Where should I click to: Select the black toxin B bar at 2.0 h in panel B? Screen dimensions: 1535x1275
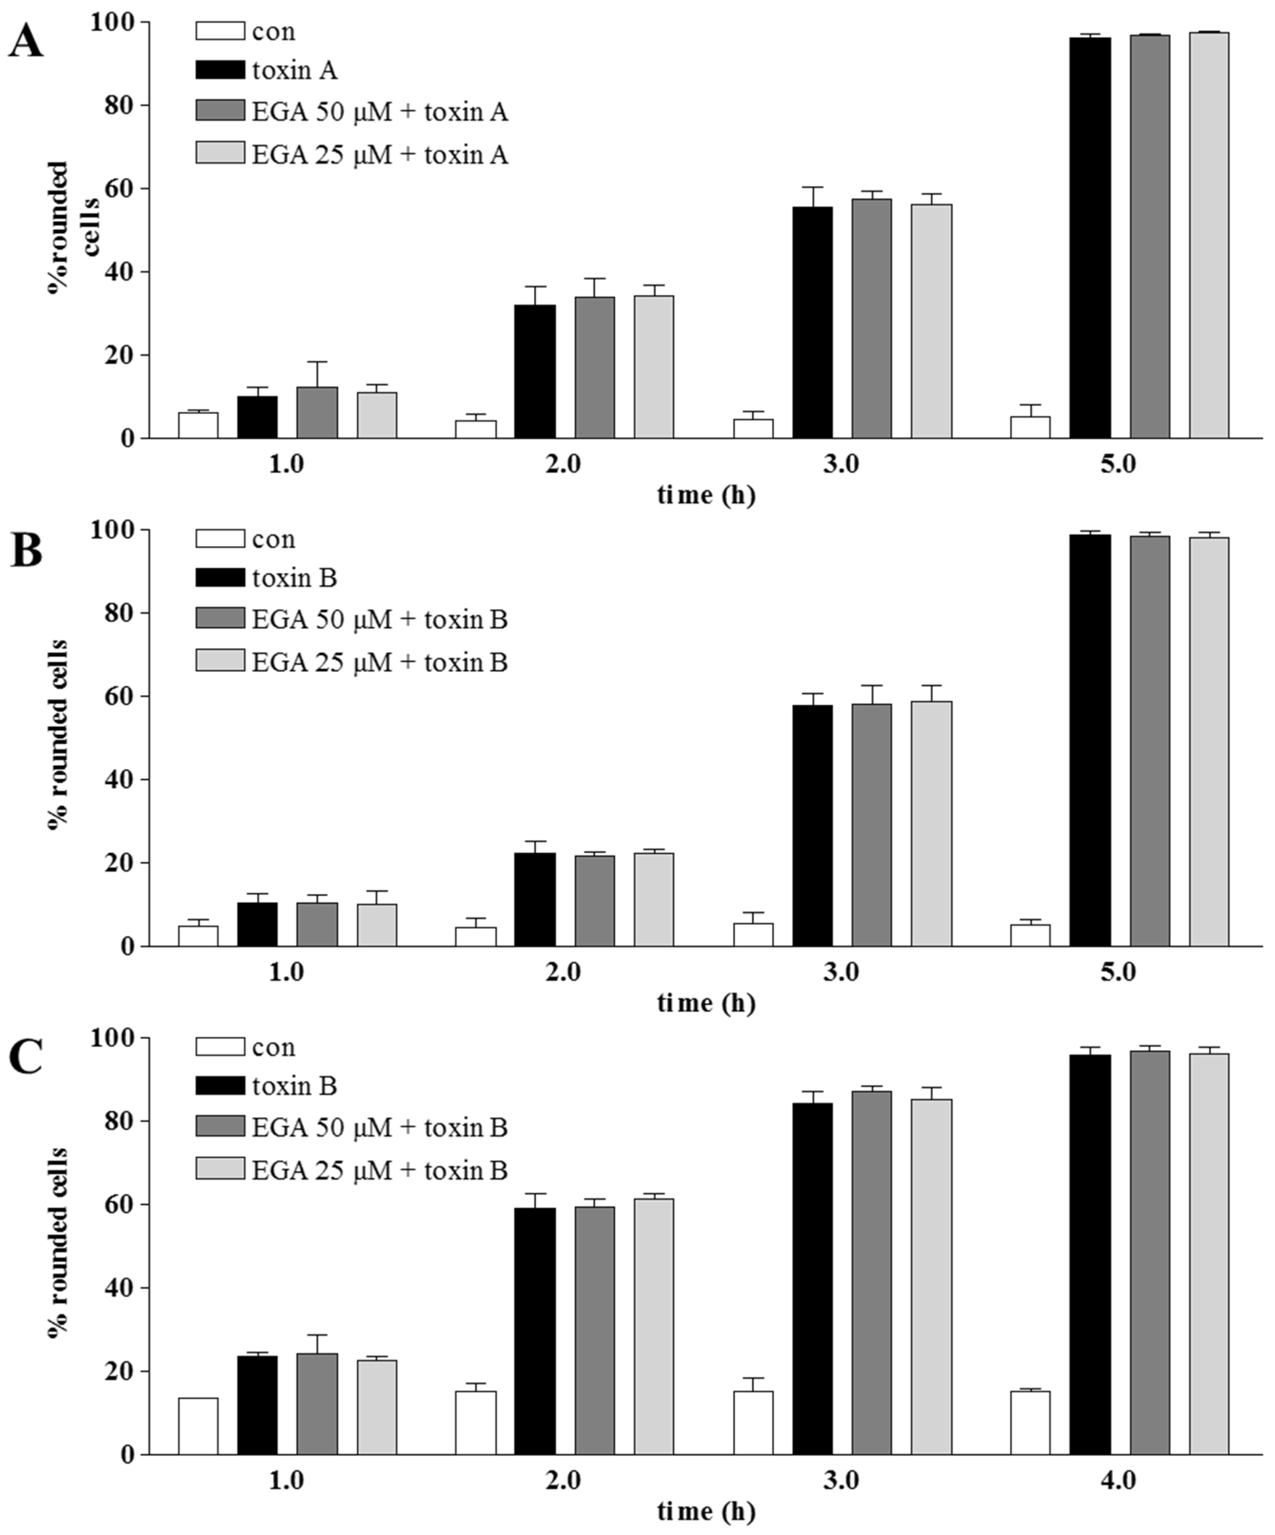[534, 899]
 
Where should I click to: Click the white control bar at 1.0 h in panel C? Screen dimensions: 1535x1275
[198, 1425]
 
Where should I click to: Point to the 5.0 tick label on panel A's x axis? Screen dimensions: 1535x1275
[1118, 465]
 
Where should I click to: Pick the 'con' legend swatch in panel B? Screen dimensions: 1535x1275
[219, 539]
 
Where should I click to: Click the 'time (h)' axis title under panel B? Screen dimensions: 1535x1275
[706, 1003]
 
